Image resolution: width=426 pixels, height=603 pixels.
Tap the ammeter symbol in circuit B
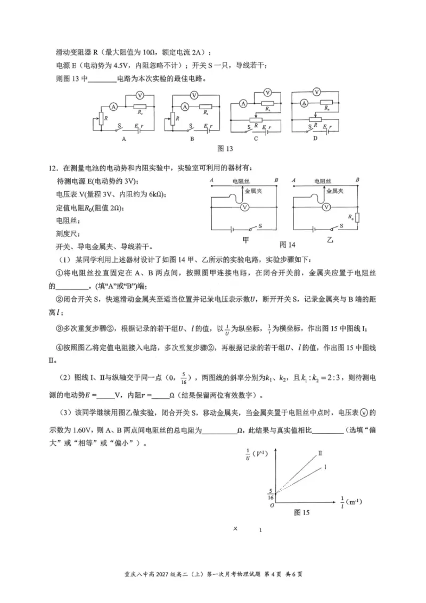(184, 106)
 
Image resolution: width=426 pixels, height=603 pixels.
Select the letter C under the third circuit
(256, 138)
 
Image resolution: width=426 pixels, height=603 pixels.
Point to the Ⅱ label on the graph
(321, 453)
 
